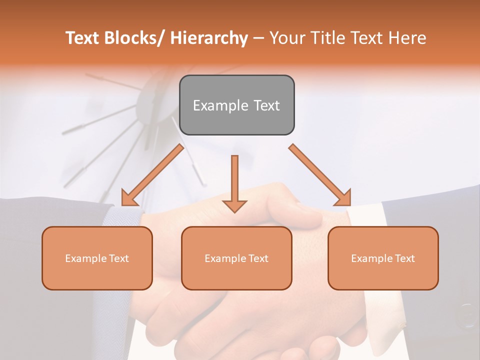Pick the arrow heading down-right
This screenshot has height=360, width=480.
(x=320, y=175)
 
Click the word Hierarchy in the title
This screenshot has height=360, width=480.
(x=209, y=38)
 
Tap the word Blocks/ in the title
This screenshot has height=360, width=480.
(x=134, y=38)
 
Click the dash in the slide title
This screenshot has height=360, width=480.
(x=258, y=38)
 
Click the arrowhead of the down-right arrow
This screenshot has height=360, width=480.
(x=343, y=198)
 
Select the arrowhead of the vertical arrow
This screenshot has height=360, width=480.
(x=234, y=205)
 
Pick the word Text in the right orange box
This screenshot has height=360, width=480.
(x=404, y=258)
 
